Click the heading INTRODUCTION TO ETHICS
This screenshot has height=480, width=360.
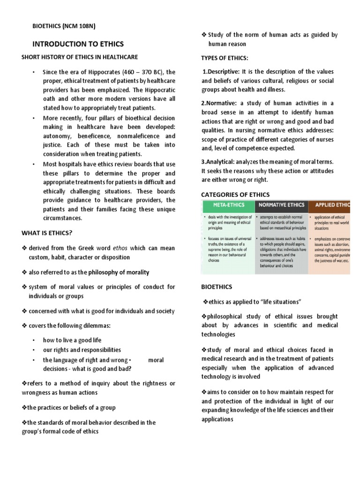click(78, 44)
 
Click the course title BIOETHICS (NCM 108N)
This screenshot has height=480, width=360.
click(64, 26)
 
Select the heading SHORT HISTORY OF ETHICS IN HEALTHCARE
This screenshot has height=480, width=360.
click(80, 57)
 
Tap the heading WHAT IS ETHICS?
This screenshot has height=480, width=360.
click(47, 233)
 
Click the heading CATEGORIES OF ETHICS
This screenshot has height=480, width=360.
click(235, 195)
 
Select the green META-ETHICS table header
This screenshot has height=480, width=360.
click(227, 205)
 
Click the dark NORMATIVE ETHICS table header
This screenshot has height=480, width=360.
click(281, 205)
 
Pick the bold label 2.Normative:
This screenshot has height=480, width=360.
click(219, 103)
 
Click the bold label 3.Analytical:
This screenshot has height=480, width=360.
click(220, 162)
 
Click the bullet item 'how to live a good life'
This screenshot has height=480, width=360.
click(72, 340)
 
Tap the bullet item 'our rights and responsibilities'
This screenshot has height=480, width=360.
click(82, 350)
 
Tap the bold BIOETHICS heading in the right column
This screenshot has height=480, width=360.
click(216, 286)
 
